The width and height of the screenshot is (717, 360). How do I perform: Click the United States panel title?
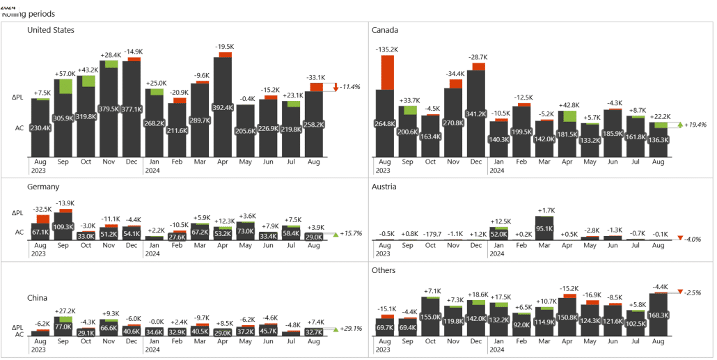51,30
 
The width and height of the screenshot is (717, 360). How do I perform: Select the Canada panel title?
385,30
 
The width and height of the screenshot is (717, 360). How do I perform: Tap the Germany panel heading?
43,187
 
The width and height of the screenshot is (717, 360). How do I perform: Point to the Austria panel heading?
384,187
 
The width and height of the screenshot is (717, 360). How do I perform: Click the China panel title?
38,298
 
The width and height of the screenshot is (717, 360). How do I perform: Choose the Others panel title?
384,270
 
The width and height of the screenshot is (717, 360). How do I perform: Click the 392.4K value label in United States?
223,108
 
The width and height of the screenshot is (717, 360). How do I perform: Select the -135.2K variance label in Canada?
386,49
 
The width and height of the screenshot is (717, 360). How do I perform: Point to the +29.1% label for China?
352,328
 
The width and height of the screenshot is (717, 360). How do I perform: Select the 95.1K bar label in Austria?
545,228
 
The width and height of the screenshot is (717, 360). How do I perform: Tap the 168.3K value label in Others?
659,314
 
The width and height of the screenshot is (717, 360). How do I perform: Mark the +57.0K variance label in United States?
66,73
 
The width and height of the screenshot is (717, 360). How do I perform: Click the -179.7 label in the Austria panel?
430,234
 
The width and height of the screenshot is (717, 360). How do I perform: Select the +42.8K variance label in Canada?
569,105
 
